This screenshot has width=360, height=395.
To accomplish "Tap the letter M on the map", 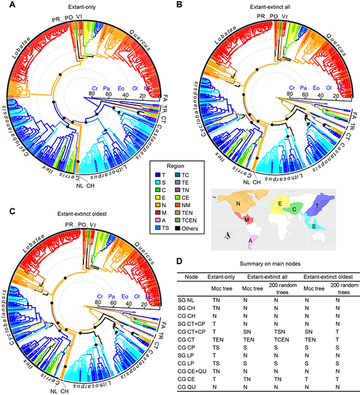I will coord(247,221).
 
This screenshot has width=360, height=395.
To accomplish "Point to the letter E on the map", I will coord(280,204).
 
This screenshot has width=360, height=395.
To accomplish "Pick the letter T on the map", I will coord(317,206).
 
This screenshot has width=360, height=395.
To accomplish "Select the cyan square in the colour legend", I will coord(157,181).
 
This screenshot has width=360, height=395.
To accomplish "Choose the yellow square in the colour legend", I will coord(157,197).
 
